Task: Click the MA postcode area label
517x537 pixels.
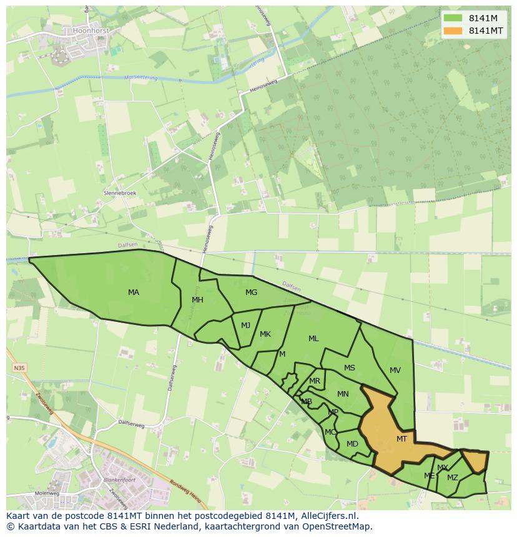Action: tap(134, 293)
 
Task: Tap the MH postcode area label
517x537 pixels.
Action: tap(197, 300)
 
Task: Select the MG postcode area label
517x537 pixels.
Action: tap(251, 293)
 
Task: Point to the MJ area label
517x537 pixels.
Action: tap(245, 325)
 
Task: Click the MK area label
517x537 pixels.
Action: tap(265, 334)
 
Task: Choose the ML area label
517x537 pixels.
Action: tap(313, 339)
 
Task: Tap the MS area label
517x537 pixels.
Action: tap(350, 368)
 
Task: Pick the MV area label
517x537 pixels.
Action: tap(395, 370)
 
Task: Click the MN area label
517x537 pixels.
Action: tap(343, 394)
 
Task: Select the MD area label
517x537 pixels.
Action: tap(352, 444)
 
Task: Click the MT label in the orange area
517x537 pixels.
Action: tap(401, 439)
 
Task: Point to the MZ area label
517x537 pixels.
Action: tap(453, 478)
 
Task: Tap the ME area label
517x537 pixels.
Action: tap(430, 476)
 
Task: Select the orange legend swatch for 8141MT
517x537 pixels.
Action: tap(453, 31)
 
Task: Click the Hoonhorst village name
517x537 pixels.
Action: tap(91, 30)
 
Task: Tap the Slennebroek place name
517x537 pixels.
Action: tap(120, 193)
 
